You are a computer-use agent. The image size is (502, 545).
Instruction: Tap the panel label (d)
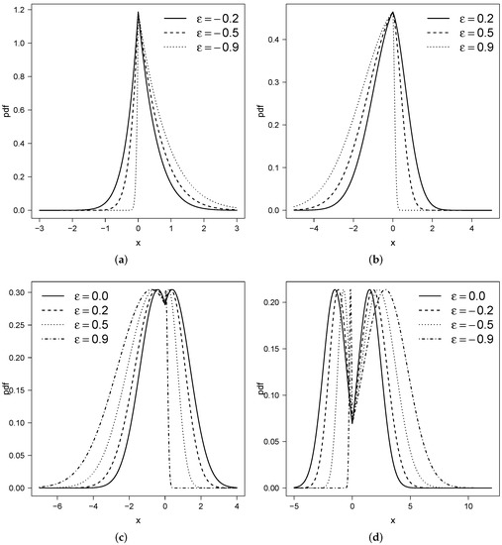point(374,535)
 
